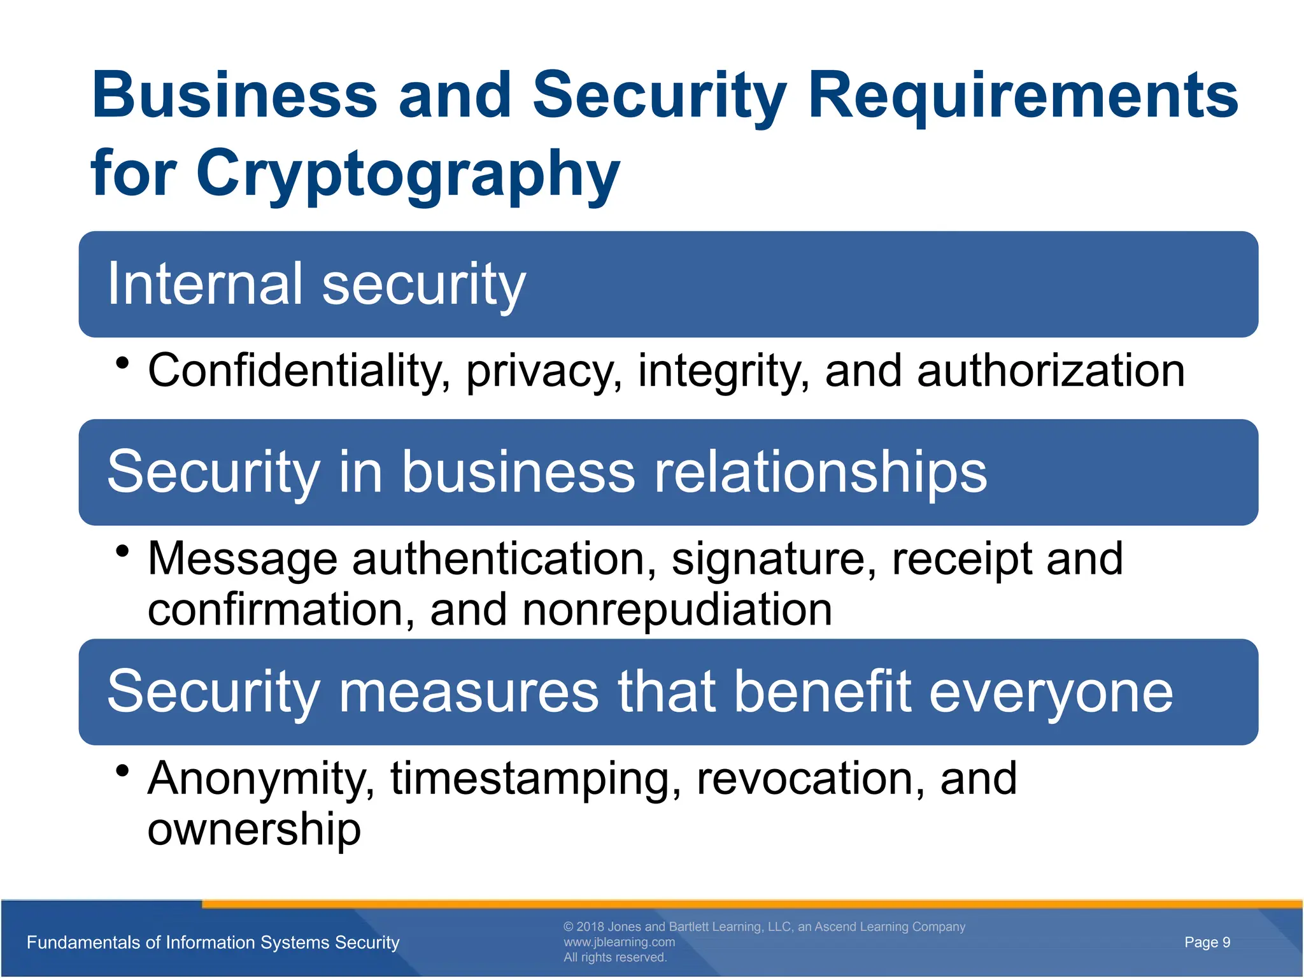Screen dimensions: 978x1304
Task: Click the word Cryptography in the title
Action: (407, 173)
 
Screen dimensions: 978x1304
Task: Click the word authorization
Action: (1051, 371)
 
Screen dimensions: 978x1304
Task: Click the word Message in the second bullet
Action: (243, 559)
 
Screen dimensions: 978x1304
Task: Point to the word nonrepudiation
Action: (677, 610)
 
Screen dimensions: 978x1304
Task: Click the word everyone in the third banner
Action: (1051, 692)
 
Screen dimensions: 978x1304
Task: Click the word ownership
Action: (254, 830)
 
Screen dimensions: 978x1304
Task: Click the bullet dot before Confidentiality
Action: (123, 364)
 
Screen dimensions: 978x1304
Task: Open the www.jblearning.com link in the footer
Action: (619, 942)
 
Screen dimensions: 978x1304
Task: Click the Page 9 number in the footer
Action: (1207, 942)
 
